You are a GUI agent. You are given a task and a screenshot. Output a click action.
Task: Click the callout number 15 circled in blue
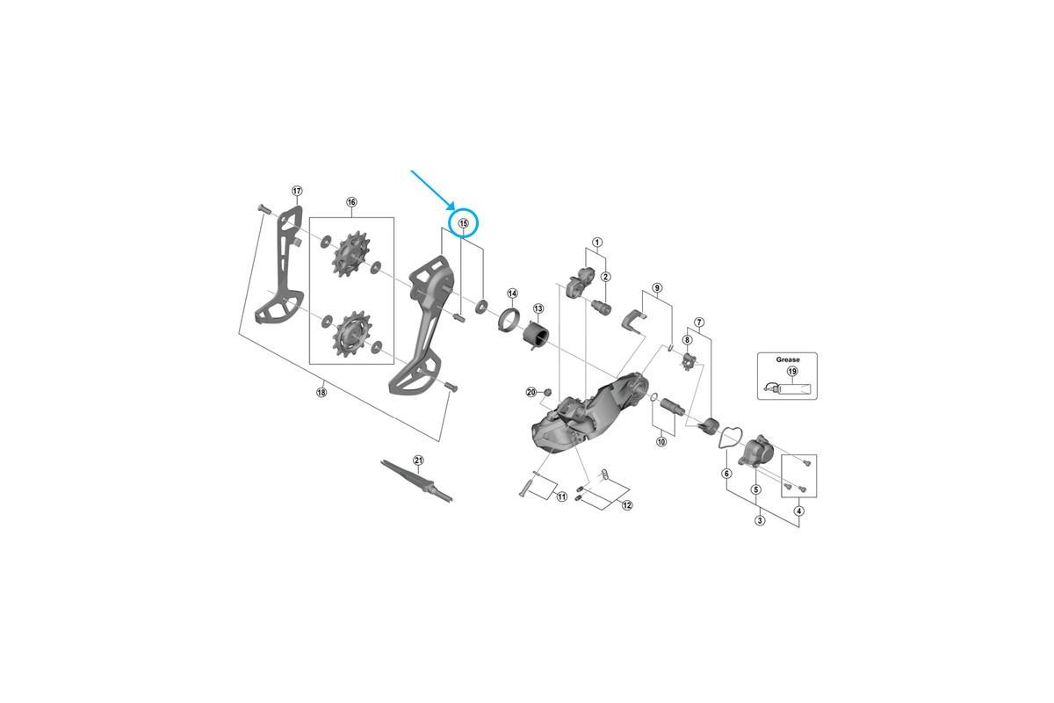click(464, 223)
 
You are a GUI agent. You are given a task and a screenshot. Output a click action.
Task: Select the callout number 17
click(296, 191)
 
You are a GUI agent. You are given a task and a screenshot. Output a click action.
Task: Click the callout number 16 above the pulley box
click(351, 202)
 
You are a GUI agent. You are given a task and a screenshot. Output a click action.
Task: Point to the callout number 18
click(321, 392)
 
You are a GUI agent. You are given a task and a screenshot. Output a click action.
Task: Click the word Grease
click(788, 359)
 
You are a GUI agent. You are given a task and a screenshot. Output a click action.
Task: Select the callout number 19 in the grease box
click(791, 371)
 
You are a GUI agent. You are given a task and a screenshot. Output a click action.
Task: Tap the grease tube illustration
click(787, 390)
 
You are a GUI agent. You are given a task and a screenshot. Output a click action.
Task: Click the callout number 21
click(419, 460)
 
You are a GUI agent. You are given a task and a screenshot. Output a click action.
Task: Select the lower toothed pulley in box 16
click(351, 334)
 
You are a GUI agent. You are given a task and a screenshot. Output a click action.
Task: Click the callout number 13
click(538, 308)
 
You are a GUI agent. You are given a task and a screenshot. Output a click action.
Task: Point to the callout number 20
click(531, 392)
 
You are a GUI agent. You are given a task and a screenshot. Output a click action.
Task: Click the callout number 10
click(661, 442)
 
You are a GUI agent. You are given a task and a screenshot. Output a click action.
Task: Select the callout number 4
click(798, 511)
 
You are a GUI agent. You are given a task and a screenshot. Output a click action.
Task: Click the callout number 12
click(627, 505)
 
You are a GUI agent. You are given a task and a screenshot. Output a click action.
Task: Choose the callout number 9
click(657, 287)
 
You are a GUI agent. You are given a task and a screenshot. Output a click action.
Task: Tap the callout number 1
click(597, 242)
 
